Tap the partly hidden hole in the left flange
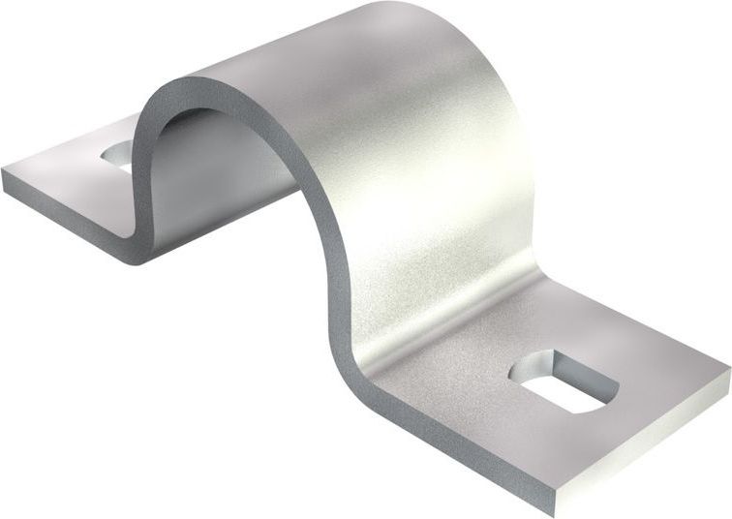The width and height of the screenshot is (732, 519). tap(116, 153)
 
